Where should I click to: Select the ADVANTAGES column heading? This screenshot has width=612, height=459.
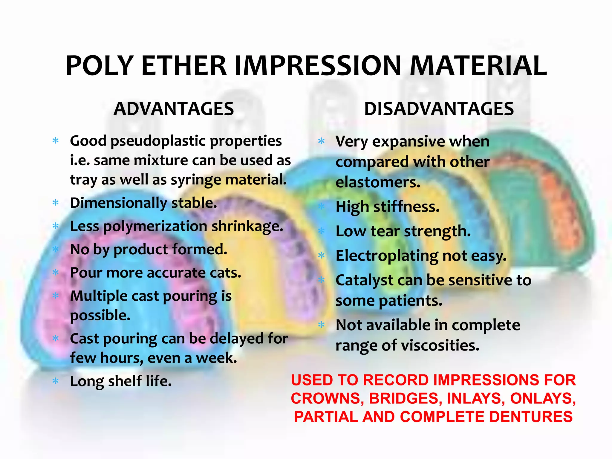(174, 109)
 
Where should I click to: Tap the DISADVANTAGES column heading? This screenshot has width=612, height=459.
(439, 109)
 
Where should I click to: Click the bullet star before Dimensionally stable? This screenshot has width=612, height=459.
(56, 203)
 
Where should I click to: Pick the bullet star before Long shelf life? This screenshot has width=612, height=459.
(56, 381)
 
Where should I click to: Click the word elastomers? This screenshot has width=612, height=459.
(378, 182)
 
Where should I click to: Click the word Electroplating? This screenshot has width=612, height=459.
(387, 256)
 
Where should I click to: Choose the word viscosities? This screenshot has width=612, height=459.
(440, 345)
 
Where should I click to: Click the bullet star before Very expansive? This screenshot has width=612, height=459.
(321, 141)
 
